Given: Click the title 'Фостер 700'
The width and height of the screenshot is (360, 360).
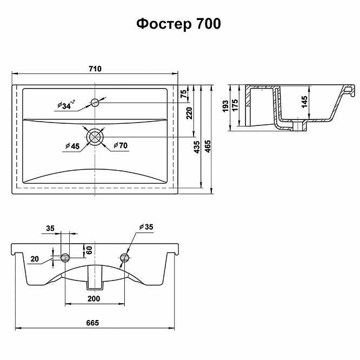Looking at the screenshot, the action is (x=178, y=24).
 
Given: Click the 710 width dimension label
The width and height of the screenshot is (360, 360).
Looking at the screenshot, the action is (x=95, y=69).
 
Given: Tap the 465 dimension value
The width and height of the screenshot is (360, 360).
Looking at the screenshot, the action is (x=208, y=146).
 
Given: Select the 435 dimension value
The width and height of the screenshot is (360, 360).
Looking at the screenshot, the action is (x=197, y=147).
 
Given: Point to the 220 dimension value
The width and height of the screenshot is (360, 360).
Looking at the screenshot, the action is (x=189, y=113).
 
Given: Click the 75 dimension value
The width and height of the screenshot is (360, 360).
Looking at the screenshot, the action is (x=183, y=94).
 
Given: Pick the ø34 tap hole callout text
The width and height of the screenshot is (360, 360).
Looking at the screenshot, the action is (x=66, y=105).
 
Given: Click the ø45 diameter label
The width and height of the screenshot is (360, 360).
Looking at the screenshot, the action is (x=72, y=146).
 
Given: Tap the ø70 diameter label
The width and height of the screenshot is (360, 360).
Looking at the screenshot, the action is (x=121, y=145).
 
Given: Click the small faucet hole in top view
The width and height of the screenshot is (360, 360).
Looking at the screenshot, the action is (x=95, y=102).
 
